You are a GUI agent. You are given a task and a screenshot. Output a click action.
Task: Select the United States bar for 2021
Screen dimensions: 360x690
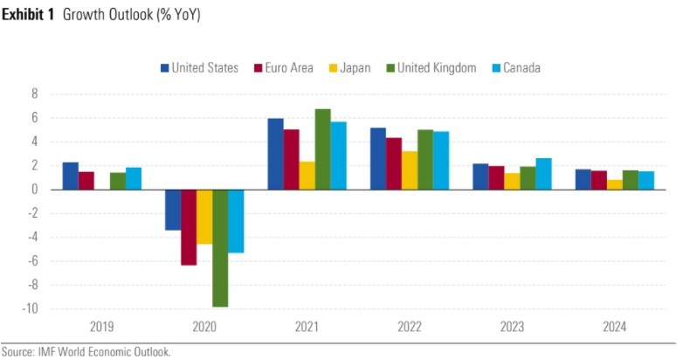pos(275,154)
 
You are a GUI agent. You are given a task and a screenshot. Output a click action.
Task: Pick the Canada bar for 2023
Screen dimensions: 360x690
pos(543,174)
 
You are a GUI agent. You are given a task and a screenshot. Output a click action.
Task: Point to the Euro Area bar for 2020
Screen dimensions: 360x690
pos(189,227)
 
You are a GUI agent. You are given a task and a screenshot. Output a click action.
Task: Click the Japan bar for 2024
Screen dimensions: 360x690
pos(615,184)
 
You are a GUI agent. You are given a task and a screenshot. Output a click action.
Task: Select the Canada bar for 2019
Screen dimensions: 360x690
pos(133,178)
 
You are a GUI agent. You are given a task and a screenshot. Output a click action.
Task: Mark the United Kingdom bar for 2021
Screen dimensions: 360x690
pos(322,149)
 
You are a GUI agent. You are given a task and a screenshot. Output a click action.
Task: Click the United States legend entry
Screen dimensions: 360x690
pos(199,67)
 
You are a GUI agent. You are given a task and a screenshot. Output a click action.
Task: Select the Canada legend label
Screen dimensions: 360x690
pos(521,67)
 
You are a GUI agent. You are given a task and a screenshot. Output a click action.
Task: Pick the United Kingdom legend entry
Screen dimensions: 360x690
pos(430,67)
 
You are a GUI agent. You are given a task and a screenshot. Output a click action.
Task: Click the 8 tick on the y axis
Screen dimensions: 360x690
pos(35,93)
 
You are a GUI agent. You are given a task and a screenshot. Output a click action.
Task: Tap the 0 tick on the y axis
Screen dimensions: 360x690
pos(35,189)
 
